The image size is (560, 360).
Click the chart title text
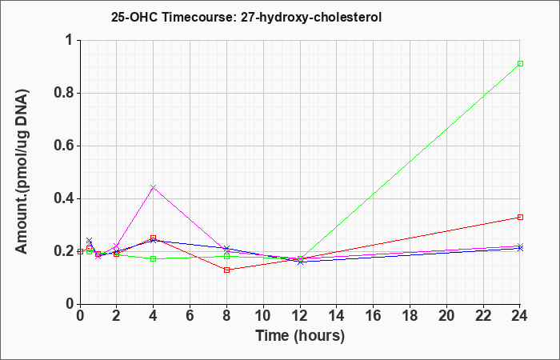(x=246, y=17)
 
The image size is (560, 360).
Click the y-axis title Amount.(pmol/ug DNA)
(x=22, y=172)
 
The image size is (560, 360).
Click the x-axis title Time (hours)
(x=300, y=336)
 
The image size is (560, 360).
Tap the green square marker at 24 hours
(x=520, y=63)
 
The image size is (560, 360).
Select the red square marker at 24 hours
(x=520, y=217)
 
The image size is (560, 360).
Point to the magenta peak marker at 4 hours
(x=154, y=187)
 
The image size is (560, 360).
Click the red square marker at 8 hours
(x=226, y=270)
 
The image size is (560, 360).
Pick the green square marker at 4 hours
(x=154, y=258)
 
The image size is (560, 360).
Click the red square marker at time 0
(x=80, y=251)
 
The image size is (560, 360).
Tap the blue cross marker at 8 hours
(x=226, y=248)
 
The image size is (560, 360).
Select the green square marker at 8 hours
(x=226, y=257)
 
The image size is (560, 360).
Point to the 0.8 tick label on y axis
(x=64, y=93)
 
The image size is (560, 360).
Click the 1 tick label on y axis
(x=70, y=40)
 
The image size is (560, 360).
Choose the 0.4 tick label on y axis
(x=64, y=198)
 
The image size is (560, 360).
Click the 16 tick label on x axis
(x=374, y=316)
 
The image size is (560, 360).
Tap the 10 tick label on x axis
(x=263, y=316)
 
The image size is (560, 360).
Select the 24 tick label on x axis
(x=520, y=316)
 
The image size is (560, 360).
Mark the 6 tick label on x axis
(x=190, y=316)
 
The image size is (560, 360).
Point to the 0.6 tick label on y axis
(x=64, y=146)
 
